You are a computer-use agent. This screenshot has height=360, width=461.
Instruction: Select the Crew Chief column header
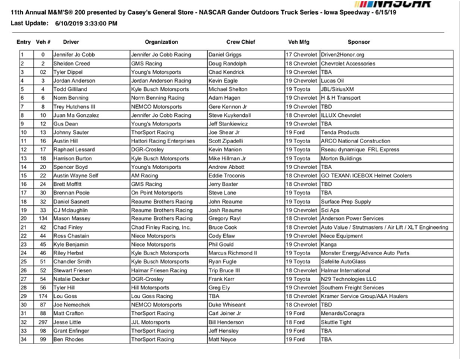click(240, 41)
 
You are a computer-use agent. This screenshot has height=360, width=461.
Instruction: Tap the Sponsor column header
click(359, 41)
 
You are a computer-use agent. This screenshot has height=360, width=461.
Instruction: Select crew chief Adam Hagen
click(226, 98)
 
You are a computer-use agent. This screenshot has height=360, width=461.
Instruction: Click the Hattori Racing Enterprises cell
click(163, 141)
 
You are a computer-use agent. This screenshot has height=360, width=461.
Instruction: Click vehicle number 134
click(43, 218)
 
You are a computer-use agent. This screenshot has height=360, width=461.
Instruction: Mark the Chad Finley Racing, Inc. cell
click(161, 226)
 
